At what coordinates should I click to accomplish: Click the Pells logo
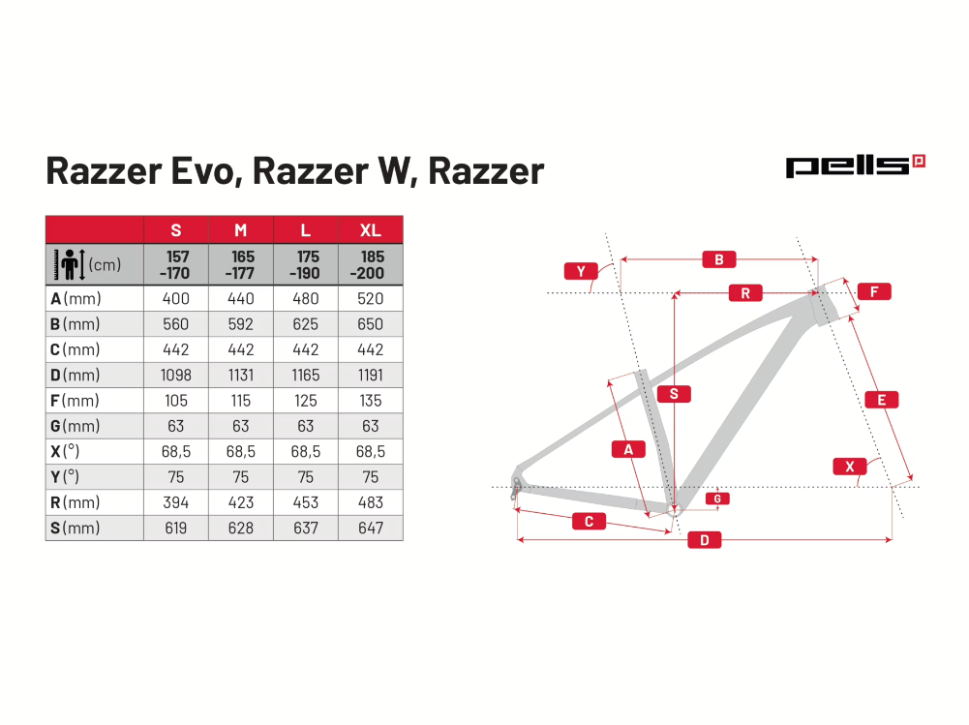tap(856, 166)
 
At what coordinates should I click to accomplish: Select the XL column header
tap(370, 230)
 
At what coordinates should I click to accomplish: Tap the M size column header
tap(240, 230)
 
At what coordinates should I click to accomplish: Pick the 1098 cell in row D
tap(176, 376)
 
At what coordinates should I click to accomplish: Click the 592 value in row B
tap(240, 324)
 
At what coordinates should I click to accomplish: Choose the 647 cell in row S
tap(370, 528)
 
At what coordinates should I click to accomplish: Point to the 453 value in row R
tap(305, 502)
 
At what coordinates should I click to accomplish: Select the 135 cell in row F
tap(370, 401)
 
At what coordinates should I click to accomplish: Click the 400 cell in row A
tap(176, 298)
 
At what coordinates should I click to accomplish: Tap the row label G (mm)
tap(75, 426)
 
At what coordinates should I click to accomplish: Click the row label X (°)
tap(65, 451)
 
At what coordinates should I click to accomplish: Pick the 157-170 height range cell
tap(176, 264)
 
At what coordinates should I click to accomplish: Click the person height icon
tap(70, 264)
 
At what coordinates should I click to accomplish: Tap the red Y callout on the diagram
tap(581, 271)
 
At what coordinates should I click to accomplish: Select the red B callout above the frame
tap(718, 259)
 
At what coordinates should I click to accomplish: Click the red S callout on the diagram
tap(674, 394)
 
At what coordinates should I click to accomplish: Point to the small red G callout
tap(717, 498)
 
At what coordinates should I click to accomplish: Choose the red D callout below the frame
tap(705, 540)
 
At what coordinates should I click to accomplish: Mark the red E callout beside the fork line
tap(881, 400)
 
